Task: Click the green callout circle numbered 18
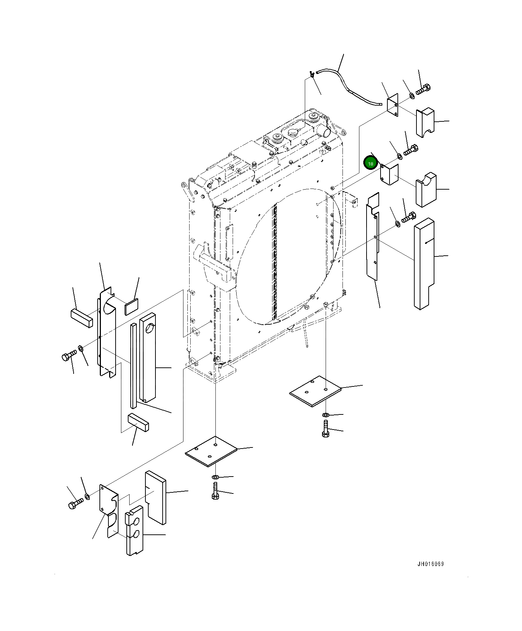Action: [x=370, y=163]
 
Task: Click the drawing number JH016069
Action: [x=430, y=564]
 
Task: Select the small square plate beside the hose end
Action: [x=393, y=105]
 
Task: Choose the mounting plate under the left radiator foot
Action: [x=211, y=451]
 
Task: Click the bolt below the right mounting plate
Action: [x=325, y=429]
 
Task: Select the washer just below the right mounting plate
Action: [x=325, y=415]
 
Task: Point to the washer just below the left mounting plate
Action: [x=215, y=477]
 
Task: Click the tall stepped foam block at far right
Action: [x=424, y=262]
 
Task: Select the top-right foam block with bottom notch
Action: [x=425, y=122]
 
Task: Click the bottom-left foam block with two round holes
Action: [x=134, y=530]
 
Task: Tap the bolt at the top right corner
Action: [x=424, y=89]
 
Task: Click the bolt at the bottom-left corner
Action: [x=75, y=503]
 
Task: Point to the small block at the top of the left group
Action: [x=82, y=317]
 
